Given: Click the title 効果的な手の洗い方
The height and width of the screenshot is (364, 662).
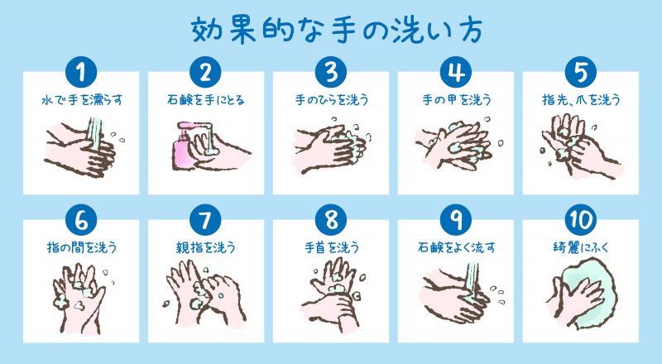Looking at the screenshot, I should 331,31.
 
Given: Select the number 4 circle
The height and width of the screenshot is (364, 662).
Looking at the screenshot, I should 455,72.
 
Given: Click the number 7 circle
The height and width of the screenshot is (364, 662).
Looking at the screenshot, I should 205,222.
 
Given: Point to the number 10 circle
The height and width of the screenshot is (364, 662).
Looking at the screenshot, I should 580,222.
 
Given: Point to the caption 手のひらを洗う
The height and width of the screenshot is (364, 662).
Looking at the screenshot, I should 331,99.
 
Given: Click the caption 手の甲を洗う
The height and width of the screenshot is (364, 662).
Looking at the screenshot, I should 455,99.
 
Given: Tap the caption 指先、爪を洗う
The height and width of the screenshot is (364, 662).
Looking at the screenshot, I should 580,99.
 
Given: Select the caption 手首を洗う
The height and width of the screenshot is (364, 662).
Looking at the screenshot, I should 331,247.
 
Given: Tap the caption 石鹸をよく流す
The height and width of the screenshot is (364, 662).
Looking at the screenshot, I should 455,247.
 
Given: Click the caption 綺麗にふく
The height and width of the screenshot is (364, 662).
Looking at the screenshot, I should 580,247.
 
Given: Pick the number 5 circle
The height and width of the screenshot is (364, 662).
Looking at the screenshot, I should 580,72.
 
